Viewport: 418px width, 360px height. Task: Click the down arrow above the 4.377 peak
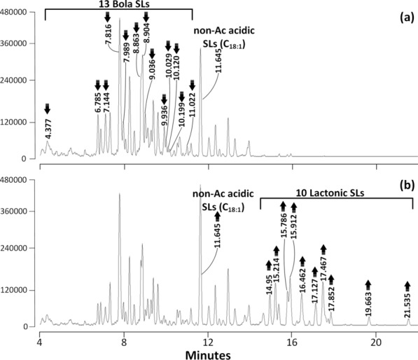pyautogui.click(x=48, y=108)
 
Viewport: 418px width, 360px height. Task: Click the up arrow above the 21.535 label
pyautogui.click(x=408, y=285)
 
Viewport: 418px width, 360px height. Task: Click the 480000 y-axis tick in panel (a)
pyautogui.click(x=18, y=13)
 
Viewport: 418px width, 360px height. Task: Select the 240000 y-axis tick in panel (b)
pyautogui.click(x=18, y=248)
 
